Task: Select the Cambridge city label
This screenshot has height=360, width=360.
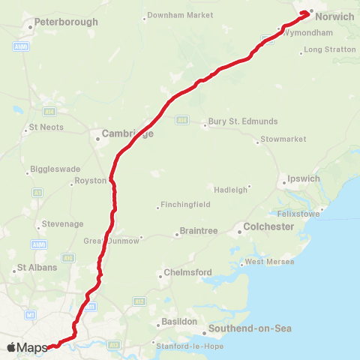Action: pos(127,133)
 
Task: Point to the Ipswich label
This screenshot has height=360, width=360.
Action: pos(304,179)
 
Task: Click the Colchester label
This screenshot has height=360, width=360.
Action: pos(268,226)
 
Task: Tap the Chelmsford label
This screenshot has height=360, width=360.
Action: pos(189,272)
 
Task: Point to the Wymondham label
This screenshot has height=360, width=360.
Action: pos(308,33)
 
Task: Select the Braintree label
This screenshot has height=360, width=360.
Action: pos(199,232)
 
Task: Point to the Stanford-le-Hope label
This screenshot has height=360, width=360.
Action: pos(187,346)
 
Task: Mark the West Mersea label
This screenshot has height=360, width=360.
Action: pos(269,262)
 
